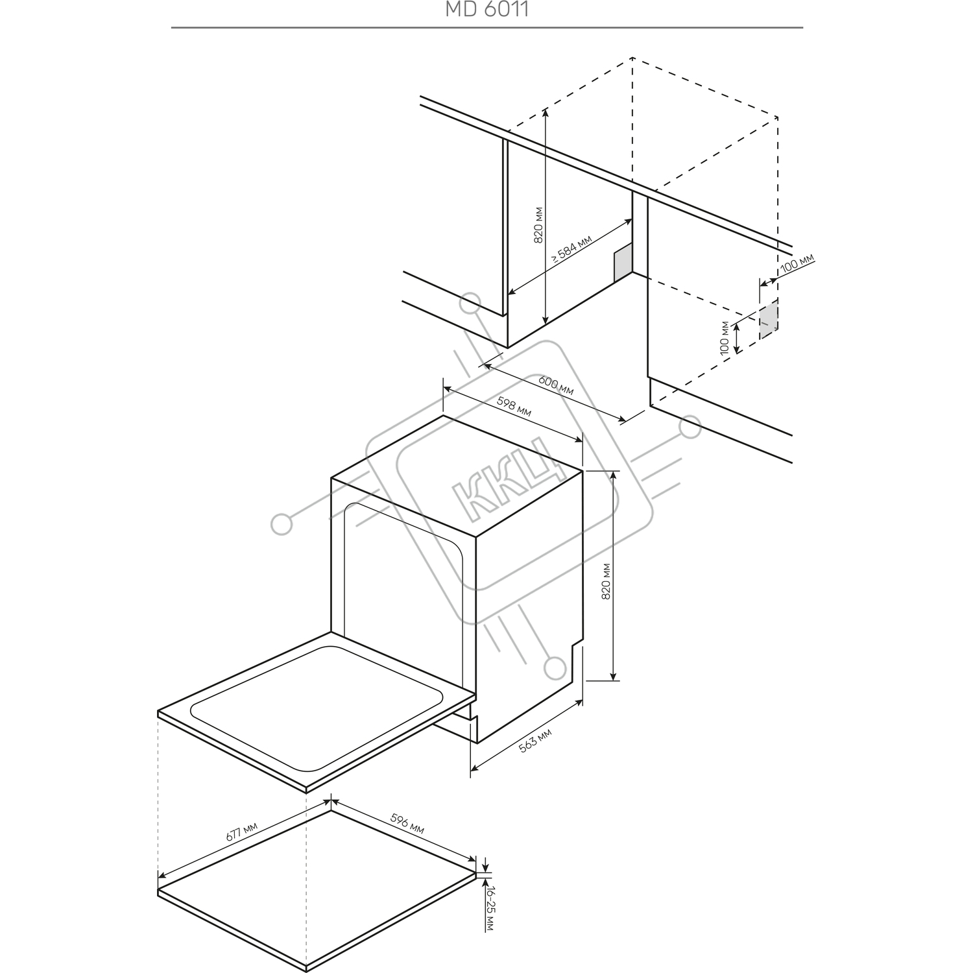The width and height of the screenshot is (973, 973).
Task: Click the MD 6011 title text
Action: (x=486, y=9)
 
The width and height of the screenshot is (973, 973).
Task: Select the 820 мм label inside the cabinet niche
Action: (x=538, y=224)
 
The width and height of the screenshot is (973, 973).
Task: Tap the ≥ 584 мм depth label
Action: (x=571, y=248)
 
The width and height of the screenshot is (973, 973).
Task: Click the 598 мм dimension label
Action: (x=514, y=407)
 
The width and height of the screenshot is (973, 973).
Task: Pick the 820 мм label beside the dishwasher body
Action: (x=606, y=581)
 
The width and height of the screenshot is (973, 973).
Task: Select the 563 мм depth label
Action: (x=535, y=741)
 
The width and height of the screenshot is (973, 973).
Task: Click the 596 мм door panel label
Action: (x=407, y=824)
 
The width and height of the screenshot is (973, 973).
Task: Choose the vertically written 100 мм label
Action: (x=725, y=337)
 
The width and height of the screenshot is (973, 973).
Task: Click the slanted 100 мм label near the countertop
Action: (x=797, y=263)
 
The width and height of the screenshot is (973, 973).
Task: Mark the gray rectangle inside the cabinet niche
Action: (x=623, y=263)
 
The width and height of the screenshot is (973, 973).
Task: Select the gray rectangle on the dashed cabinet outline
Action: (x=768, y=318)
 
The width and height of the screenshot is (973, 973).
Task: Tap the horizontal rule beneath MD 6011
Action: (x=487, y=28)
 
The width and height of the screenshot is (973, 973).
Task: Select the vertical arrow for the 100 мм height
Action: (x=737, y=338)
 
